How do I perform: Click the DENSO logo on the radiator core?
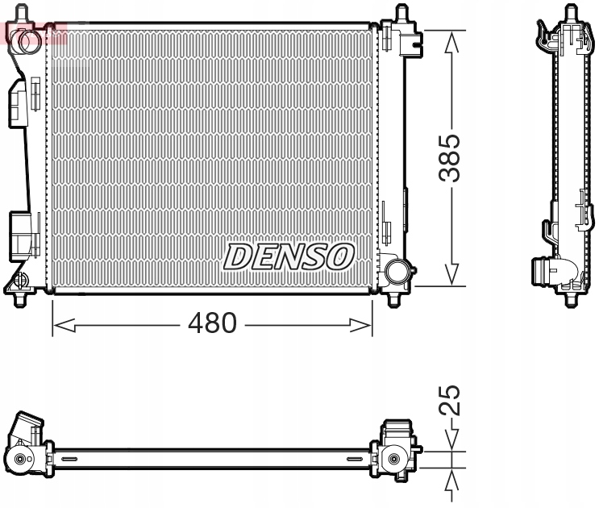(289, 256)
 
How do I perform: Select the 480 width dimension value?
(212, 324)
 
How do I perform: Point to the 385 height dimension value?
(453, 157)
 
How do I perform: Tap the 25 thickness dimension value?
(453, 399)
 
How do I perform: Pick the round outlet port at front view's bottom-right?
(396, 271)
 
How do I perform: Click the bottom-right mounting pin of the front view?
(394, 299)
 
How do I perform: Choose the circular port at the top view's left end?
(19, 460)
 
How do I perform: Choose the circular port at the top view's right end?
(393, 460)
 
